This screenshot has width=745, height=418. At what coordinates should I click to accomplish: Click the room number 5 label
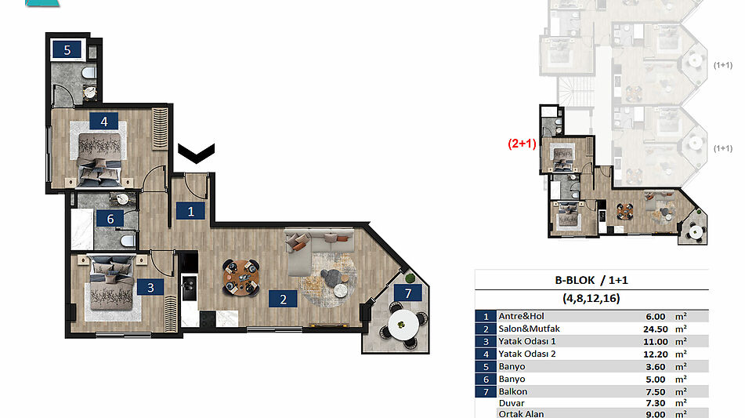pyautogui.click(x=67, y=49)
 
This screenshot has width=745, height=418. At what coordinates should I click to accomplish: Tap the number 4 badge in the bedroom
pyautogui.click(x=103, y=122)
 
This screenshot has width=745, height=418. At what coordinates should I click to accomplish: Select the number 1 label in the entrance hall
pyautogui.click(x=190, y=211)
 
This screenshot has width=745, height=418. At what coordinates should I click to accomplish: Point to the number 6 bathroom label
pyautogui.click(x=110, y=218)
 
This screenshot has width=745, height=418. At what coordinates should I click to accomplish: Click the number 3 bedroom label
pyautogui.click(x=150, y=287)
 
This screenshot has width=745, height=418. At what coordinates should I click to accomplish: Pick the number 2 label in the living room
pyautogui.click(x=283, y=299)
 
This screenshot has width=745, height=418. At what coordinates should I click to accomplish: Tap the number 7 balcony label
pyautogui.click(x=407, y=293)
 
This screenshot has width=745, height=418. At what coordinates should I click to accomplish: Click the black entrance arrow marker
pyautogui.click(x=196, y=153)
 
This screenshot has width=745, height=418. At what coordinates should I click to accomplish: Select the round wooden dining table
pyautogui.click(x=241, y=278)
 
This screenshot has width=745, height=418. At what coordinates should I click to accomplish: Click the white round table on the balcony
pyautogui.click(x=403, y=325)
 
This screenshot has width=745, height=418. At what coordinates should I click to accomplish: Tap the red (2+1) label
pyautogui.click(x=523, y=144)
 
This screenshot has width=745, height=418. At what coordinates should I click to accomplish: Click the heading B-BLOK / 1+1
pyautogui.click(x=591, y=280)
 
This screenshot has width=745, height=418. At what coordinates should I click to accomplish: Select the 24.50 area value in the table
pyautogui.click(x=656, y=329)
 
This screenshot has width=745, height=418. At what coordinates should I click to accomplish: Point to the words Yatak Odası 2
pyautogui.click(x=527, y=354)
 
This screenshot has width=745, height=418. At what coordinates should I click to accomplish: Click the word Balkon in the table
pyautogui.click(x=512, y=391)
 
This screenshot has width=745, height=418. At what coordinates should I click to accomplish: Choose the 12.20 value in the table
pyautogui.click(x=656, y=354)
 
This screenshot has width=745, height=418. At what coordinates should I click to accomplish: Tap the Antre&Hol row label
pyautogui.click(x=521, y=316)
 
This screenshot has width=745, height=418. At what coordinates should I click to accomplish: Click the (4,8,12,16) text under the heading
pyautogui.click(x=591, y=299)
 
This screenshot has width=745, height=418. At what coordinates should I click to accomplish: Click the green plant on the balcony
pyautogui.click(x=410, y=278)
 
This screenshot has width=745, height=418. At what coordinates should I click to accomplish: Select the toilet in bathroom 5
pyautogui.click(x=89, y=73)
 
